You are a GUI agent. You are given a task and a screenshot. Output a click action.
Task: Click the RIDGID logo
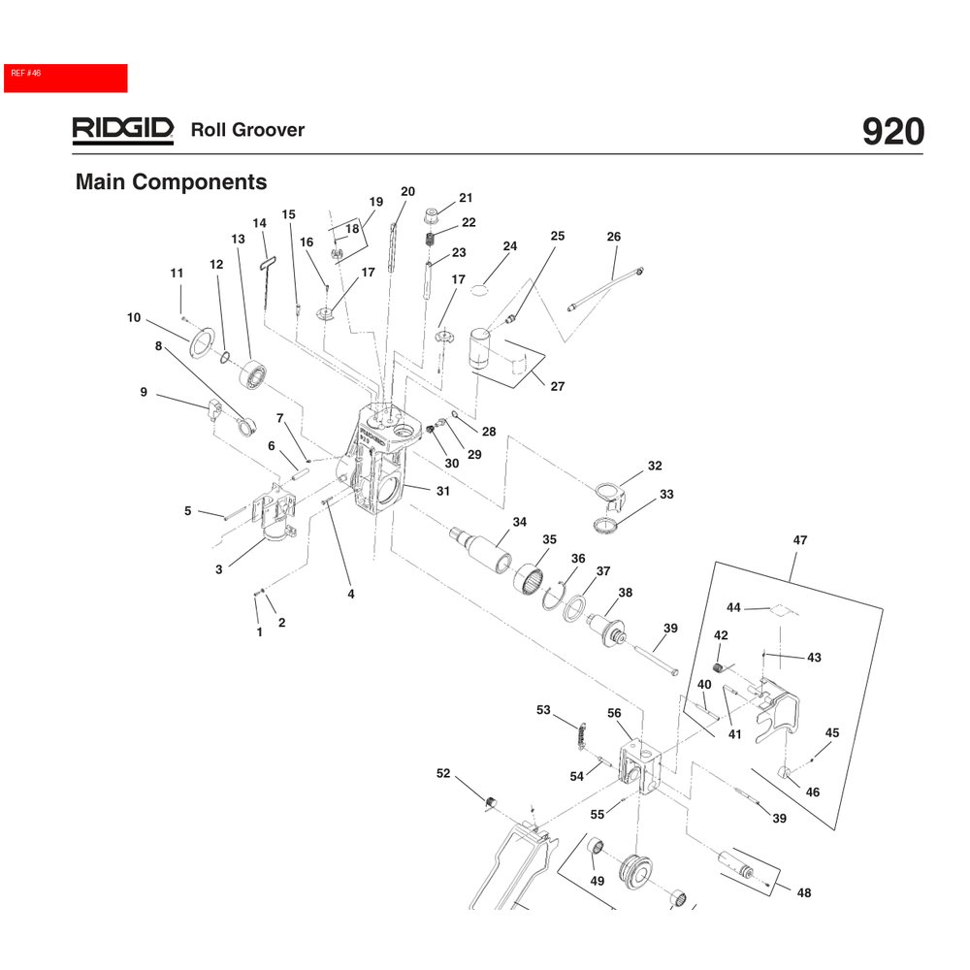pyautogui.click(x=122, y=130)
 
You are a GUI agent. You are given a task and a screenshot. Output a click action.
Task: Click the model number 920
pyautogui.click(x=892, y=132)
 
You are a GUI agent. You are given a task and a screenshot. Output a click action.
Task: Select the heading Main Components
pyautogui.click(x=171, y=182)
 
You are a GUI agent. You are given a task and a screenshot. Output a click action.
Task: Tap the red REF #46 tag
pyautogui.click(x=65, y=78)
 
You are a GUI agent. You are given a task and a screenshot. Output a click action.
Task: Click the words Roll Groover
pyautogui.click(x=247, y=130)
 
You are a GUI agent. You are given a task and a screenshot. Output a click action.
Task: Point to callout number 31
pyautogui.click(x=442, y=491)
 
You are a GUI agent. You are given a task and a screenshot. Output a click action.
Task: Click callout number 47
pyautogui.click(x=799, y=539)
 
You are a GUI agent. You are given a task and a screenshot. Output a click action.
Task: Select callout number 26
pyautogui.click(x=613, y=237)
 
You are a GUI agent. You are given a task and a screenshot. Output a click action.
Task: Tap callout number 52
pyautogui.click(x=443, y=773)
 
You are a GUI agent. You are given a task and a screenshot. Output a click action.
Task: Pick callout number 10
pyautogui.click(x=134, y=317)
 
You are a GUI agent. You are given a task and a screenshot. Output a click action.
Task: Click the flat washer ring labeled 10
pyautogui.click(x=203, y=341)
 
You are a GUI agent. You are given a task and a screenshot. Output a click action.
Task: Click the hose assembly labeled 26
pyautogui.click(x=606, y=287)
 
